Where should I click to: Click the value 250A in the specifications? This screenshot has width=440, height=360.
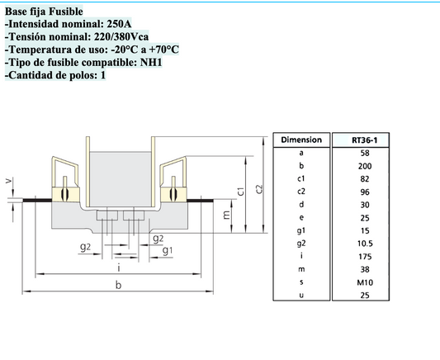coord(119,24)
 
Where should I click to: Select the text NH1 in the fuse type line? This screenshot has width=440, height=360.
coord(151,62)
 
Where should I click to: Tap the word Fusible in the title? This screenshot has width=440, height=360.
coord(66,12)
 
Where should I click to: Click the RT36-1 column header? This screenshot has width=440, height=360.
coord(365,140)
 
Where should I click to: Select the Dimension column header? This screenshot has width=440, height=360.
coord(301,140)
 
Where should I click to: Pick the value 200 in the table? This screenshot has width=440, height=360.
coord(365,166)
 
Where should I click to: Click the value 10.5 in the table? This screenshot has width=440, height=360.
coord(365,244)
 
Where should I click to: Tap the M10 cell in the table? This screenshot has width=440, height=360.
coord(365,282)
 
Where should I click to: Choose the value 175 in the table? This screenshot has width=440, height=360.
coord(365,257)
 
